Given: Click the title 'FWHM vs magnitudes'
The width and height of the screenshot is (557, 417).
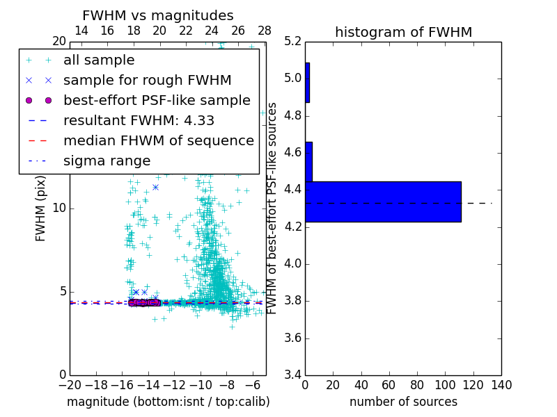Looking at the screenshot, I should (x=157, y=15).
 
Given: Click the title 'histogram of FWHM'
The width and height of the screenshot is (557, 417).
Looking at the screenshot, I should (x=403, y=32).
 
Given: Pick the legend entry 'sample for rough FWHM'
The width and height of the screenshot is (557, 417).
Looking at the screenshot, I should (x=147, y=80).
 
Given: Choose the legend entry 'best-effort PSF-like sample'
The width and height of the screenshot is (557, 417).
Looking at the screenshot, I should (x=157, y=100).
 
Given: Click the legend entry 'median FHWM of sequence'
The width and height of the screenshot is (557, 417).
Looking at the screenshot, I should (x=158, y=140).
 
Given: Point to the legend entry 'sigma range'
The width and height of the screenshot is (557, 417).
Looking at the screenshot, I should (x=107, y=161).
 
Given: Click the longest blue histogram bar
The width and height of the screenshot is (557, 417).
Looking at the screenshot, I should (x=383, y=202).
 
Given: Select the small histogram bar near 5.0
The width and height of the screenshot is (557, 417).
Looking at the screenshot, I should (x=307, y=83).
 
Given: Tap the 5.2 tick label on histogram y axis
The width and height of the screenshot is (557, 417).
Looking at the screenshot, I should (x=293, y=41).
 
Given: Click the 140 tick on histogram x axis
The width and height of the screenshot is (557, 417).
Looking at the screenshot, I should (x=501, y=384).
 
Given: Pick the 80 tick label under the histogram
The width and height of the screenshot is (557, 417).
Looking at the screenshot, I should (x=417, y=384).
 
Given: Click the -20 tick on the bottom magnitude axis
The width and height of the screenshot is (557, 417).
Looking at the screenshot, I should (x=70, y=384).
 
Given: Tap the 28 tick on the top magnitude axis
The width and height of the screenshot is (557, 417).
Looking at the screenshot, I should (x=265, y=31).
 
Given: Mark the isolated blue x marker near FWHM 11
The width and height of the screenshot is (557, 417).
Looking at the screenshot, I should (x=155, y=187).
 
